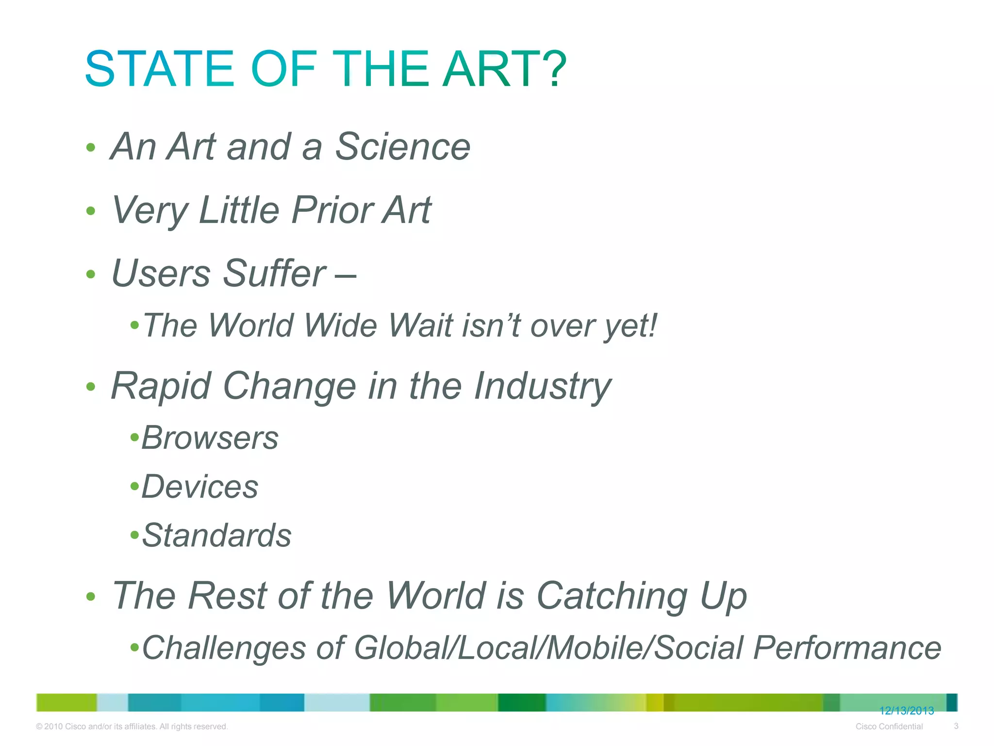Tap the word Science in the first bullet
pos(402,147)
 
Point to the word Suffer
pos(274,273)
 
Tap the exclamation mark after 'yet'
pos(652,324)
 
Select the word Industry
pos(542,386)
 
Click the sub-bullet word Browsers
pos(210,438)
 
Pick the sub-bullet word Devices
pos(199,487)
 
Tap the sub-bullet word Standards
pos(216,536)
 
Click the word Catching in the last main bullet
pos(612,596)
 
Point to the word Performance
pos(847,648)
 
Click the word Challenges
pos(224,648)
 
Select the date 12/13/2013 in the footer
pos(906,711)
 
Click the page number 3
pos(956,726)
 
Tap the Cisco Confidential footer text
pos(889,727)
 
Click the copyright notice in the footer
pos(132,727)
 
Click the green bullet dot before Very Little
pos(90,211)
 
